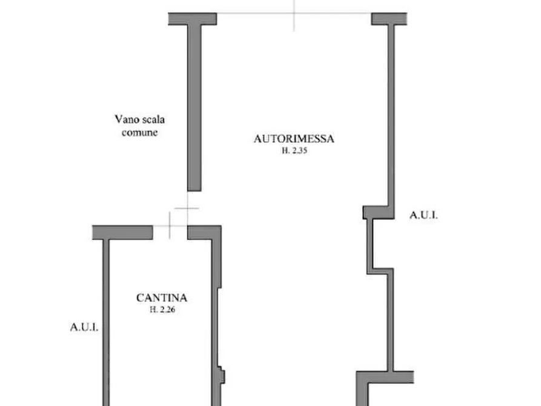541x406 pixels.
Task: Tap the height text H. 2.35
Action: (296, 154)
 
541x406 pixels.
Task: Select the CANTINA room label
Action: (161, 298)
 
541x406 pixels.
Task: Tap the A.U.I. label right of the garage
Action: (427, 215)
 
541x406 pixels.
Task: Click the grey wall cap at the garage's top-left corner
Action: (191, 19)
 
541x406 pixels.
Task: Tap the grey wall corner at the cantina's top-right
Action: (206, 233)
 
